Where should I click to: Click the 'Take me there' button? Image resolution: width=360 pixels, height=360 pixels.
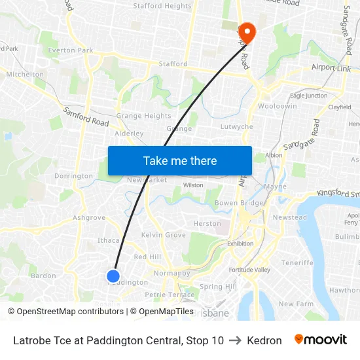pos(180,160)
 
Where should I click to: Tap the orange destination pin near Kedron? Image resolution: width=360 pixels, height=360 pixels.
pos(247,31)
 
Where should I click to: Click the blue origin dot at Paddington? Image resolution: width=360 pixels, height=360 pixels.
pos(113,276)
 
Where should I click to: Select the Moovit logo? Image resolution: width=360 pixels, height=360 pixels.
pos(320,340)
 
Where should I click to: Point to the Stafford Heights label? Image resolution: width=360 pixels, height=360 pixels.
pos(162,7)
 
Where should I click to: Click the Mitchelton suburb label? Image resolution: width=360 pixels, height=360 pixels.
pos(25,75)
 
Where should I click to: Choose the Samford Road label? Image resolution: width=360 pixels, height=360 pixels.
pos(86,118)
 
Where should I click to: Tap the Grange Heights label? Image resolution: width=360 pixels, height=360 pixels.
pos(143,116)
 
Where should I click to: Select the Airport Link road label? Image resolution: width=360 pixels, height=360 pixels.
pos(331,68)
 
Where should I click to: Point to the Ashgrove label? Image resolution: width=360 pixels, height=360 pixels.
pos(89,218)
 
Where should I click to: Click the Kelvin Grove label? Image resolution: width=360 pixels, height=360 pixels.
pos(164,235)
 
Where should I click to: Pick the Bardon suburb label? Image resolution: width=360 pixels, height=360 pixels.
pos(43,276)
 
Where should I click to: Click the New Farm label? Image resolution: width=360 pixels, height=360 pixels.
pos(296,304)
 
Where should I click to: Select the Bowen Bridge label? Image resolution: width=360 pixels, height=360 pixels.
pos(239,203)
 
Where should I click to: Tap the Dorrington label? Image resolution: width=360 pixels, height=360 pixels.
pos(73,176)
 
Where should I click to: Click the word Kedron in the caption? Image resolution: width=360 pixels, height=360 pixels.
pos(264,340)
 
